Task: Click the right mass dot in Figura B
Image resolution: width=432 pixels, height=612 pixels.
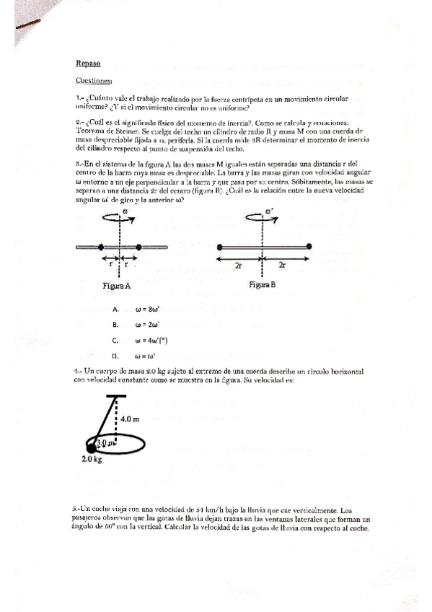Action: pyautogui.click(x=309, y=247)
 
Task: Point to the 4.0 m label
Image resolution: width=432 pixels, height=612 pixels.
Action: pyautogui.click(x=131, y=417)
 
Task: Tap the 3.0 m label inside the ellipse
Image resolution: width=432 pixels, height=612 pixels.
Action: pyautogui.click(x=105, y=441)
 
